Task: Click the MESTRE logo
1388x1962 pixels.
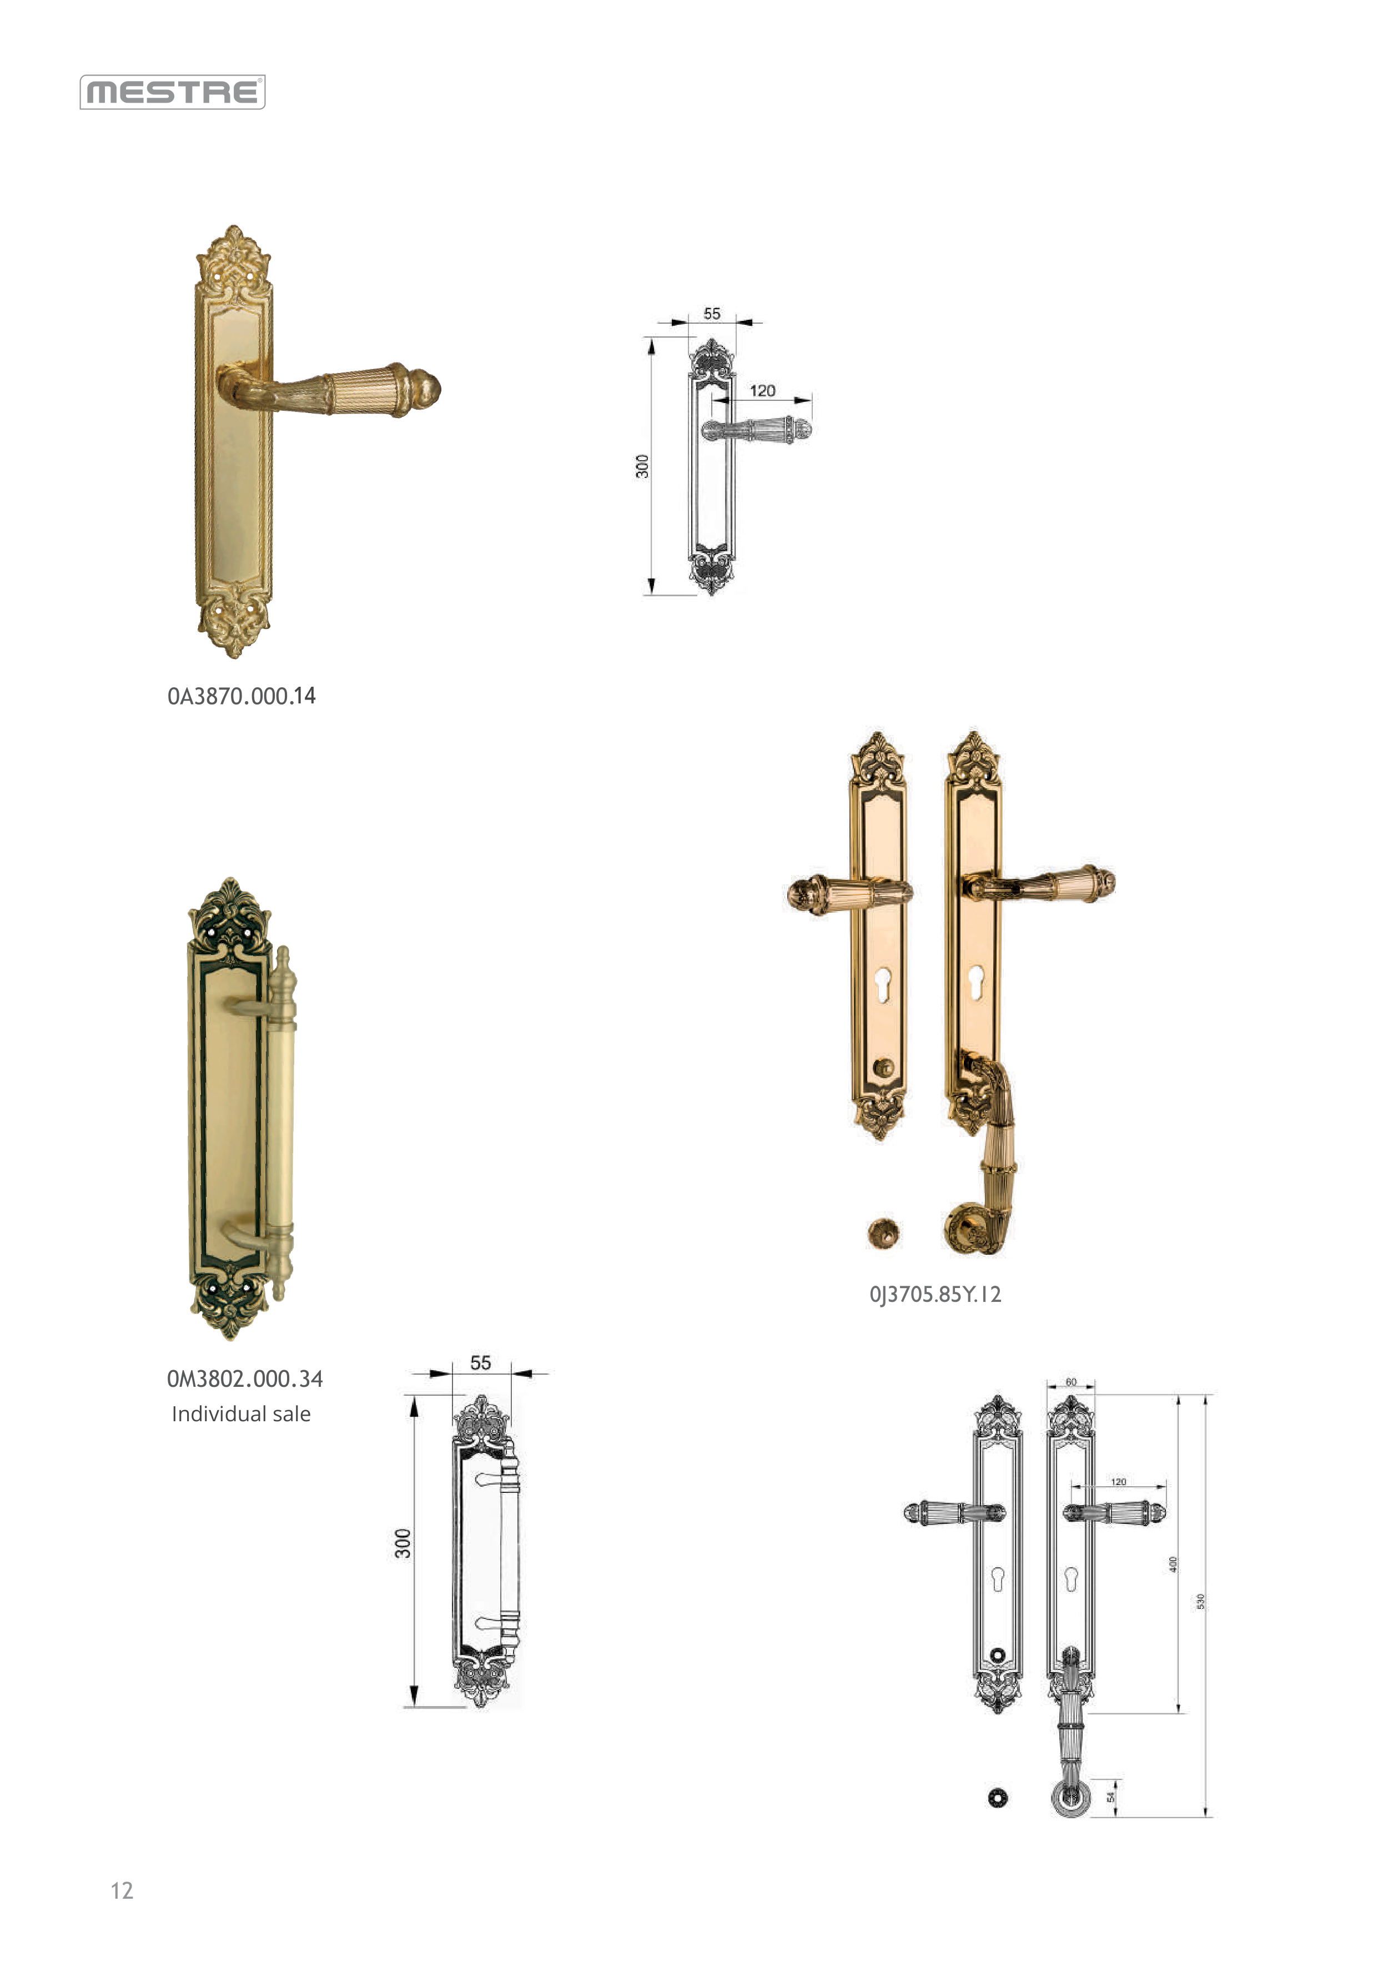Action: coord(173,92)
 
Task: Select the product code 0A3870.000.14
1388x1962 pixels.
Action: coord(242,696)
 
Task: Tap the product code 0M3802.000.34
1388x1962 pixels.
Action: coord(245,1379)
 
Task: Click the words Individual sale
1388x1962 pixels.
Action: coord(241,1414)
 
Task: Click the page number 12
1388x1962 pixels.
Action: coord(122,1890)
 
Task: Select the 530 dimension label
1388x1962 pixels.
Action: coord(1200,1601)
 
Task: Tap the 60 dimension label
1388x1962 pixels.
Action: coord(1071,1382)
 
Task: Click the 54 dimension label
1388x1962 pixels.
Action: coord(1111,1798)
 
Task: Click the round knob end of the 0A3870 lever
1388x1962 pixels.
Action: coord(426,389)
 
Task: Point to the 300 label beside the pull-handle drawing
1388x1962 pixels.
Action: coord(403,1543)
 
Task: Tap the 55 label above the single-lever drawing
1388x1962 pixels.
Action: coord(712,314)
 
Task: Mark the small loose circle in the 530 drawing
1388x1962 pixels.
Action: coord(997,1798)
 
